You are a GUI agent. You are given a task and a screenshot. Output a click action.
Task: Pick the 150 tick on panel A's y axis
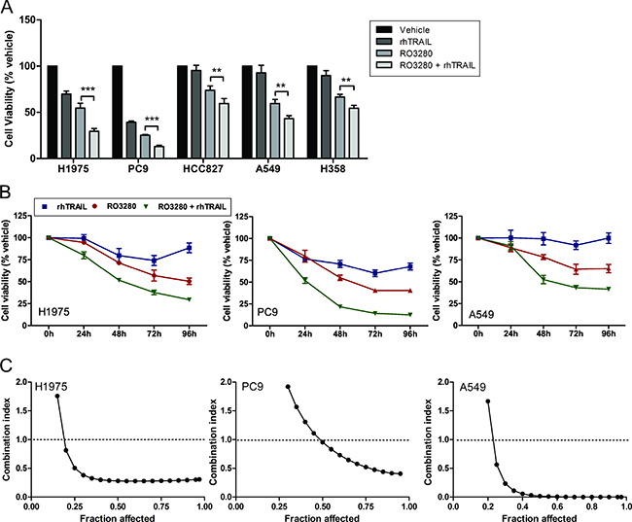click(36, 20)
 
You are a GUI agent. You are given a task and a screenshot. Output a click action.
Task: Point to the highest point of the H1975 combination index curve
click(57, 396)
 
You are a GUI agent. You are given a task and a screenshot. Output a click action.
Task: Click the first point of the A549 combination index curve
click(486, 401)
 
